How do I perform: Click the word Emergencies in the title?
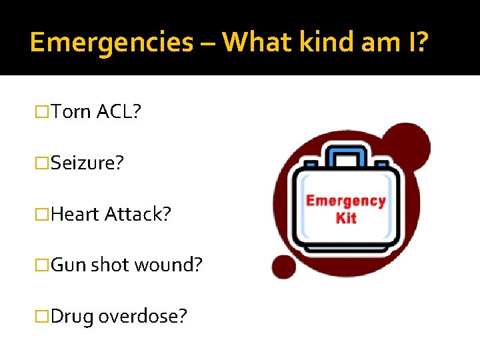point(111,42)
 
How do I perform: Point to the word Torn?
point(71,111)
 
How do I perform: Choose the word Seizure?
point(87,163)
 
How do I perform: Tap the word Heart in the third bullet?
point(75,214)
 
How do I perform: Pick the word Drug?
point(72,315)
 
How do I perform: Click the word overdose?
point(143,315)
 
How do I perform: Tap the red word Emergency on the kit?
point(345,201)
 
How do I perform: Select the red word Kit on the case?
point(346,218)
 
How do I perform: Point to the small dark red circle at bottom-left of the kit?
point(284,267)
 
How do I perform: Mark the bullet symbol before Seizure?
point(43,163)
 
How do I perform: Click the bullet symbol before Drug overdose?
point(43,316)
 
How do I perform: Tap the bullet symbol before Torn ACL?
point(43,112)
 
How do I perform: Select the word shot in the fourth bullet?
point(111,265)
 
